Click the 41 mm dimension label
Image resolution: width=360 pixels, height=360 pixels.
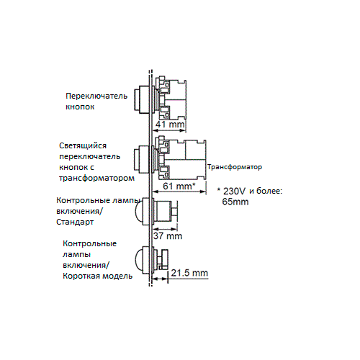pyautogui.click(x=170, y=125)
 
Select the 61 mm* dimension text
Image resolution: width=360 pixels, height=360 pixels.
pyautogui.click(x=179, y=186)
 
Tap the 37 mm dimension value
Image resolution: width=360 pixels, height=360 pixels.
pyautogui.click(x=168, y=235)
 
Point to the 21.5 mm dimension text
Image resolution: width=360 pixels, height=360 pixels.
pyautogui.click(x=189, y=273)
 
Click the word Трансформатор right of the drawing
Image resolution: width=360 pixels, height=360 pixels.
pyautogui.click(x=235, y=167)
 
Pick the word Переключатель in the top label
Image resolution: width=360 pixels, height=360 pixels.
pyautogui.click(x=96, y=96)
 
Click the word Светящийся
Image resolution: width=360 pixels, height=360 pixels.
pyautogui.click(x=83, y=145)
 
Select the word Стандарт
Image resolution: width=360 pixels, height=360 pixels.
pyautogui.click(x=75, y=222)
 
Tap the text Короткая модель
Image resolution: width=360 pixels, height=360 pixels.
pyautogui.click(x=97, y=276)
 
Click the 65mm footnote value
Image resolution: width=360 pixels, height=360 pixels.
pyautogui.click(x=235, y=202)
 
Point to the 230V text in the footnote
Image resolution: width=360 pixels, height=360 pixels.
pyautogui.click(x=235, y=192)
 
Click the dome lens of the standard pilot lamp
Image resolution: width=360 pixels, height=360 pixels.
pyautogui.click(x=139, y=212)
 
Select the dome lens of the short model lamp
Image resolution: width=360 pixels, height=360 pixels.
pyautogui.click(x=139, y=260)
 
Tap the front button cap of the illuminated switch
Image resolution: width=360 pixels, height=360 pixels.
pyautogui.click(x=137, y=160)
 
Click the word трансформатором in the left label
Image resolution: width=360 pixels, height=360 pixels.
pyautogui.click(x=96, y=179)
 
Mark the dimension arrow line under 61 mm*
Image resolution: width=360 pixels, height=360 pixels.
pyautogui.click(x=179, y=192)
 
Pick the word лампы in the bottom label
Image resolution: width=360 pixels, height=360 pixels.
pyautogui.click(x=77, y=254)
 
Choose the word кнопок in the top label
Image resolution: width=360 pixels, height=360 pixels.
pyautogui.click(x=80, y=107)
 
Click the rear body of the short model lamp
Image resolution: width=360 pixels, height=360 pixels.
pyautogui.click(x=161, y=260)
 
